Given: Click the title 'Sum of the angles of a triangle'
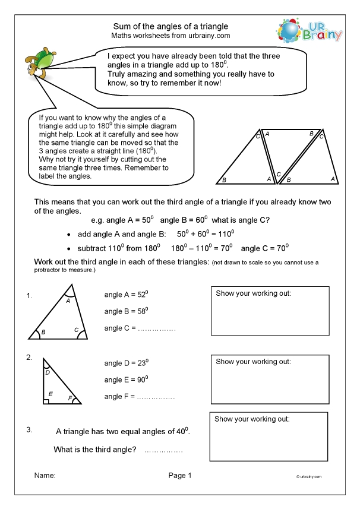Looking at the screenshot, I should [170, 26].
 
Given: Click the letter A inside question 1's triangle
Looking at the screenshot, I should [68, 301].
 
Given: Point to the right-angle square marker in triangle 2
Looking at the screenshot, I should [46, 401].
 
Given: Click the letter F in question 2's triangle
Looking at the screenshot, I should [70, 397].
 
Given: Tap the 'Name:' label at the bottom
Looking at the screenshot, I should [45, 475].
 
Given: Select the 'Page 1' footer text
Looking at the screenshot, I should [180, 475].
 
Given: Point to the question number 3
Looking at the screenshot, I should [29, 428].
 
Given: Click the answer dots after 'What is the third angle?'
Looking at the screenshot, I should [163, 451].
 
